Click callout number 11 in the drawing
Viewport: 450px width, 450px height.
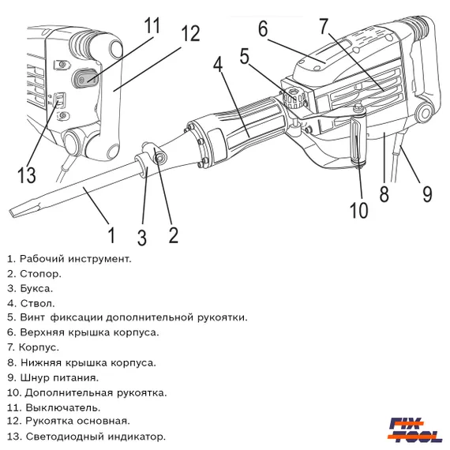pyautogui.click(x=152, y=25)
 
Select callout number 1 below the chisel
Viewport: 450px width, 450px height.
pyautogui.click(x=111, y=234)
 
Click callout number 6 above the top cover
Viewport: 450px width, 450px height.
pyautogui.click(x=262, y=29)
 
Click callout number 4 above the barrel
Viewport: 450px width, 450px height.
pyautogui.click(x=219, y=66)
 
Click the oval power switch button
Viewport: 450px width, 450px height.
pyautogui.click(x=84, y=79)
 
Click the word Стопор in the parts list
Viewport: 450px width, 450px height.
pyautogui.click(x=40, y=274)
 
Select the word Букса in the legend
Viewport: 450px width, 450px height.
pyautogui.click(x=37, y=288)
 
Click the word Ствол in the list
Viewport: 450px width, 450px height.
pyautogui.click(x=36, y=302)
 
